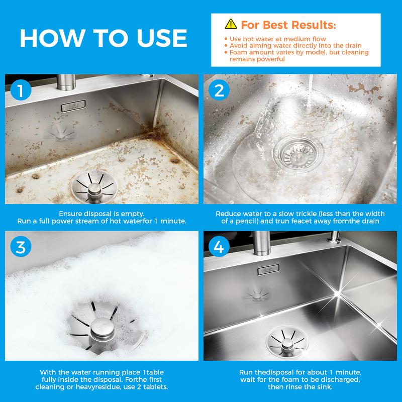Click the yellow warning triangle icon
coord(231,24)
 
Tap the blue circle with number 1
coord(21,90)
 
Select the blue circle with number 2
coord(219,90)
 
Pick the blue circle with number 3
coord(21,247)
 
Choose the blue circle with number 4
coord(219,247)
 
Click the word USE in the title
coord(162,38)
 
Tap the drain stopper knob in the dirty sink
coord(94,189)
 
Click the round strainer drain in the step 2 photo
coord(298,154)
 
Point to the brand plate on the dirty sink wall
coord(73,106)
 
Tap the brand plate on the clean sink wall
coord(268,270)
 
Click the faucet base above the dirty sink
coord(66,82)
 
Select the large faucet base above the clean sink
coord(261,243)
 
